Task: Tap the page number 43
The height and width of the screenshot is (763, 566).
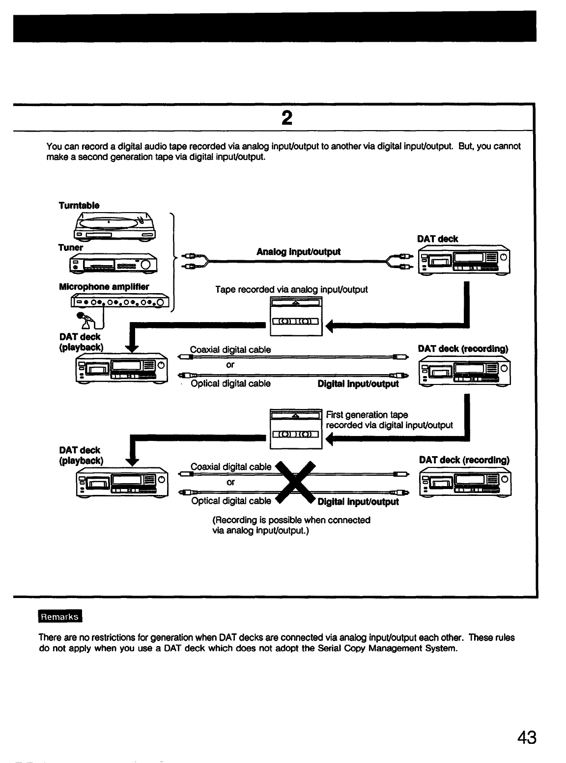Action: point(526,737)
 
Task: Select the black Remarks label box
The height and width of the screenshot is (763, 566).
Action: point(60,617)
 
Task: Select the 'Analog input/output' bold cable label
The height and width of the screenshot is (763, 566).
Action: point(298,252)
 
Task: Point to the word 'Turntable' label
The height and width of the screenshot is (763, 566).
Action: point(79,205)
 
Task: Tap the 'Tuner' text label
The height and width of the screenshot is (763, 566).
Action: point(71,247)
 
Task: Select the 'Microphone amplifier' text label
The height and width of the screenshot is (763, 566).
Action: point(104,287)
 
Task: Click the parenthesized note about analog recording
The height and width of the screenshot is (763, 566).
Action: point(291,525)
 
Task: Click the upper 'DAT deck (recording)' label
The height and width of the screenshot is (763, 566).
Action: point(462,349)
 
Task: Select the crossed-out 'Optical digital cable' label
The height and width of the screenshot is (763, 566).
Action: point(230,501)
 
